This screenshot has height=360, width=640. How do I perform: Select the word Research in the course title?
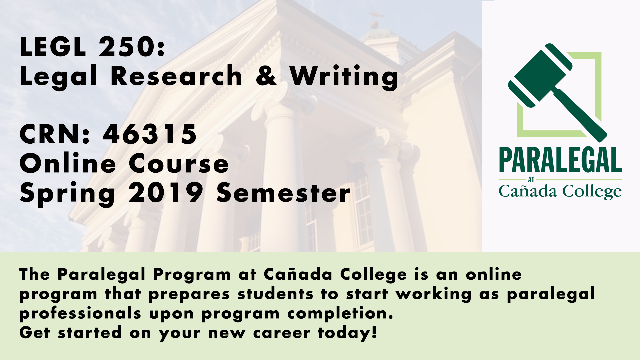[176, 76]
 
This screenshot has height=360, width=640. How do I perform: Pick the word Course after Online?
[179, 164]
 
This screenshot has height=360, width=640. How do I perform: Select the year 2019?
[166, 192]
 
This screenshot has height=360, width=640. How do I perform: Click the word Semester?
[284, 193]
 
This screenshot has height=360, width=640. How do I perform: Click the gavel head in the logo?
[540, 75]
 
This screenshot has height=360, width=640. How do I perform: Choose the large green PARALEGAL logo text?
[560, 160]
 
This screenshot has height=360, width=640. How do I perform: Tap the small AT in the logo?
[531, 180]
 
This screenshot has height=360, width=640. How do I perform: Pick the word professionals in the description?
[80, 314]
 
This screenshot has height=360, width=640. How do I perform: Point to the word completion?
[340, 313]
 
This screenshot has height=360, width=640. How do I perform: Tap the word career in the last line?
[282, 333]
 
